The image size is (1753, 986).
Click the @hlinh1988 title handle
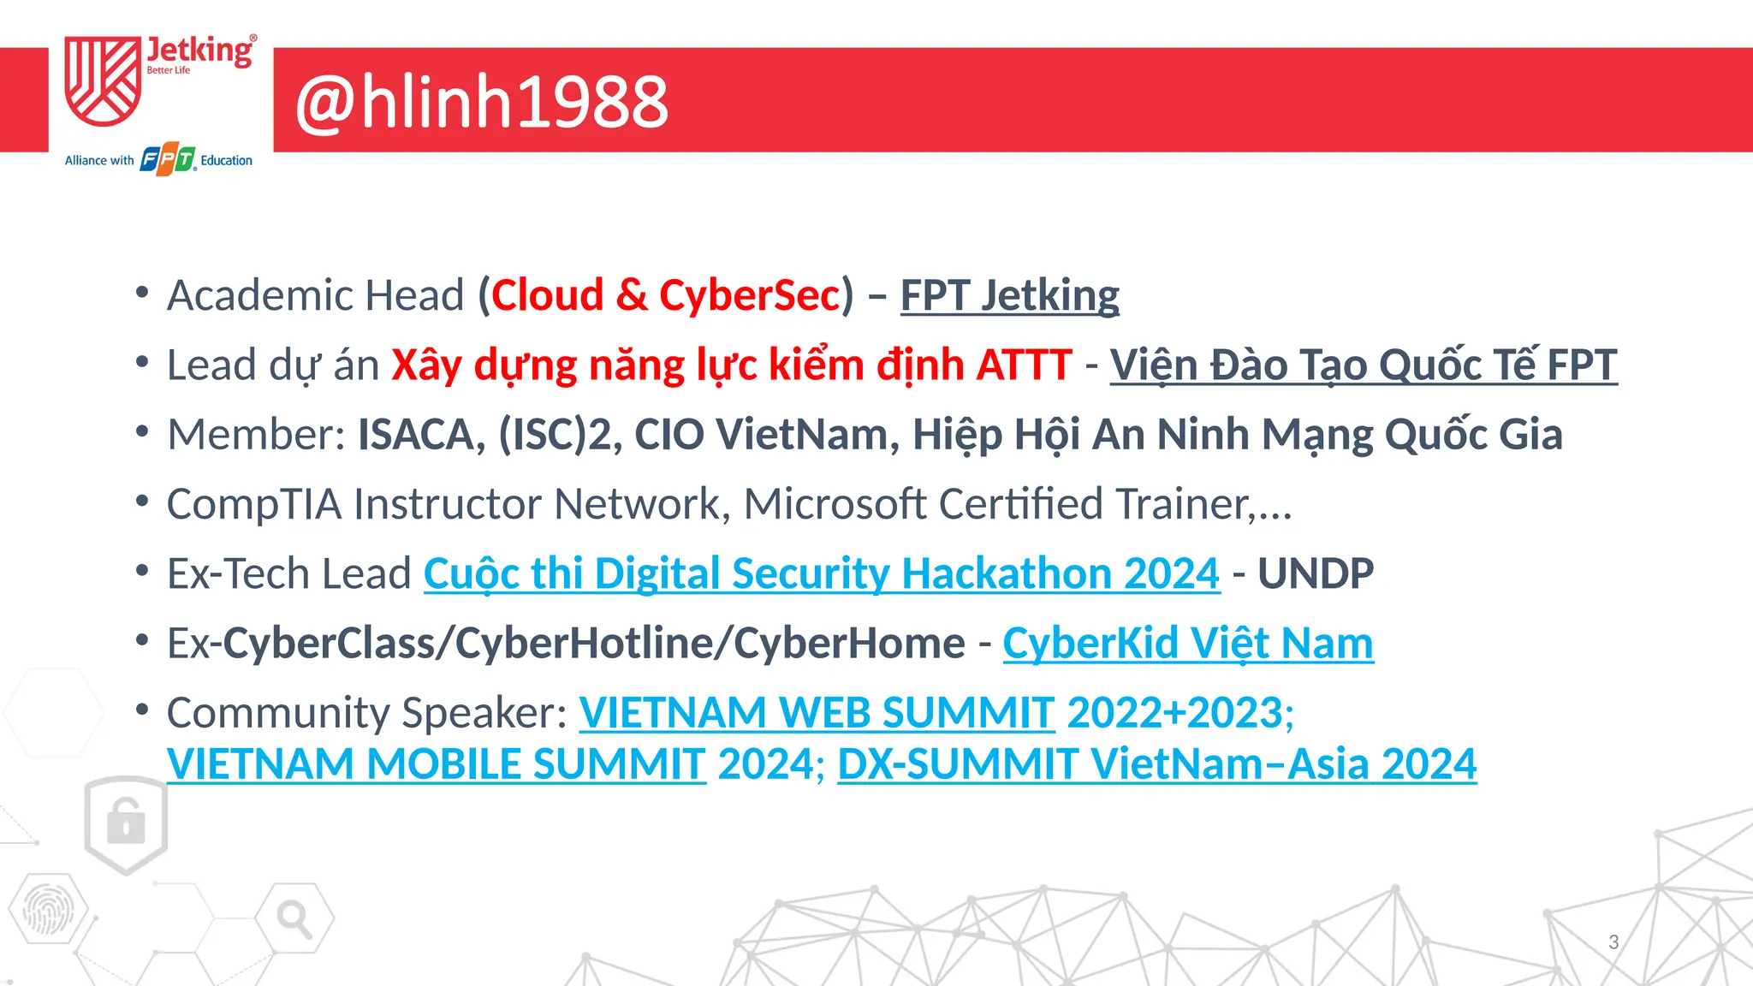pos(481,102)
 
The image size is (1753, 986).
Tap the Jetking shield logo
pos(103,81)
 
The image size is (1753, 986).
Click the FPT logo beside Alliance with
pos(168,160)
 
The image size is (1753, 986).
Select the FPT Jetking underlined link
pos(1009,295)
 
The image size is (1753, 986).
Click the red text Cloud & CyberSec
pos(665,295)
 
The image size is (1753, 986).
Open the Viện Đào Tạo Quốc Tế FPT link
pos(1363,365)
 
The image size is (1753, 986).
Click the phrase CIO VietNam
pos(766,434)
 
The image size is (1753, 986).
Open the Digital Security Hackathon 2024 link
pos(821,573)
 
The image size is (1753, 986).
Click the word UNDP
pos(1316,573)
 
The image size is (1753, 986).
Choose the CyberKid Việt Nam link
pos(1187,643)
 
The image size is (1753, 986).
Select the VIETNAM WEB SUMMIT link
pos(817,712)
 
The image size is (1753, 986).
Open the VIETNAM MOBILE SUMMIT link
pos(436,763)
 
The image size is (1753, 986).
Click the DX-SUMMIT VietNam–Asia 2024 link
pos(1156,763)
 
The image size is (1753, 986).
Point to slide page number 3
pos(1613,941)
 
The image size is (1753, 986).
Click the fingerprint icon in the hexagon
pos(48,910)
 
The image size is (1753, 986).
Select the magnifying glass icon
pos(294,918)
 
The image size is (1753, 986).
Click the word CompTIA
pos(254,503)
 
